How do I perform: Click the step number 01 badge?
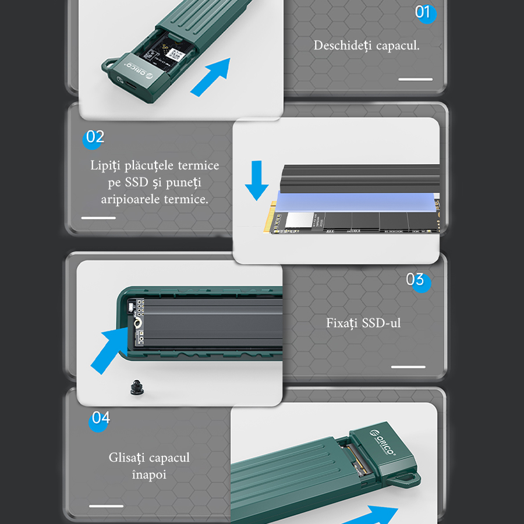coord(425,13)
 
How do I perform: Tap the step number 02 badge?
coord(93,138)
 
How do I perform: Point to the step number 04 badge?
coord(99,420)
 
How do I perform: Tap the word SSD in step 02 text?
coord(136,182)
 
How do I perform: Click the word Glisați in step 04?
coord(127,458)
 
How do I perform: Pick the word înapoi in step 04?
coord(149,474)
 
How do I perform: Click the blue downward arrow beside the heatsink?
coord(257,181)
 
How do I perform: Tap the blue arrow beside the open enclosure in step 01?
coord(211,77)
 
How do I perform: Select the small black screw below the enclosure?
coord(137,388)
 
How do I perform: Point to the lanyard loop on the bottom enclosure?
coord(405,480)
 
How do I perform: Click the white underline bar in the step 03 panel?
coord(408,367)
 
